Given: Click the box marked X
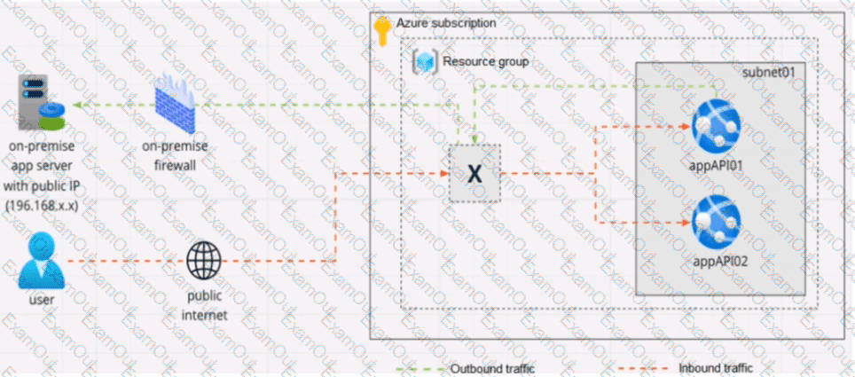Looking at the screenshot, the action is click(x=475, y=174).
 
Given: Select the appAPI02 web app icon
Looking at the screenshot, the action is click(x=716, y=223).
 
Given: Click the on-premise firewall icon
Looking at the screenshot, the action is click(x=175, y=106).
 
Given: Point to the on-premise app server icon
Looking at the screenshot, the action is click(x=41, y=103).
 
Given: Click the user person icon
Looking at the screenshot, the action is click(x=42, y=260).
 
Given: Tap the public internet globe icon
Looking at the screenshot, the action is click(x=205, y=260).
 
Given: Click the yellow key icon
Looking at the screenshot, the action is click(x=381, y=32).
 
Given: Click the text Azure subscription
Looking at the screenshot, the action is click(x=446, y=23).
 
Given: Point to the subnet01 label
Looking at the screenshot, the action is click(x=769, y=72).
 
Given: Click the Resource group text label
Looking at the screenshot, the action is click(x=486, y=61).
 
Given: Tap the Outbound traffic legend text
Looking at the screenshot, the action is click(x=492, y=368).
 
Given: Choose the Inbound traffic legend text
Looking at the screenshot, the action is click(x=716, y=368).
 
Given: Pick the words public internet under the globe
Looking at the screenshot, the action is click(x=205, y=305).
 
